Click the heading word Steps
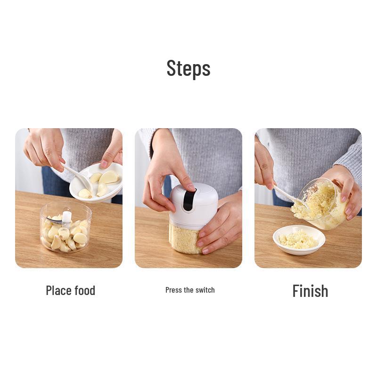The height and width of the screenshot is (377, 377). coord(188,68)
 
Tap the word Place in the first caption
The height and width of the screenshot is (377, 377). coord(58,290)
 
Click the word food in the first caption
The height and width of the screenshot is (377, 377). coord(84,290)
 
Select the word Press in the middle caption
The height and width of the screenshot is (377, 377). coord(173,290)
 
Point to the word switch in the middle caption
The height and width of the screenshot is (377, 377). coord(205,290)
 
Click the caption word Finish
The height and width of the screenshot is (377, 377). coord(310,291)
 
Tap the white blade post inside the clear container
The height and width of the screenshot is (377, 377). coord(67,217)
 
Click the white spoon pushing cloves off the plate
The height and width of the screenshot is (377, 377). coord(78,175)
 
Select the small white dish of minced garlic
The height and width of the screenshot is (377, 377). coord(299,239)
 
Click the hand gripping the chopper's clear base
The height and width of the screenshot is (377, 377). coord(221,226)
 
